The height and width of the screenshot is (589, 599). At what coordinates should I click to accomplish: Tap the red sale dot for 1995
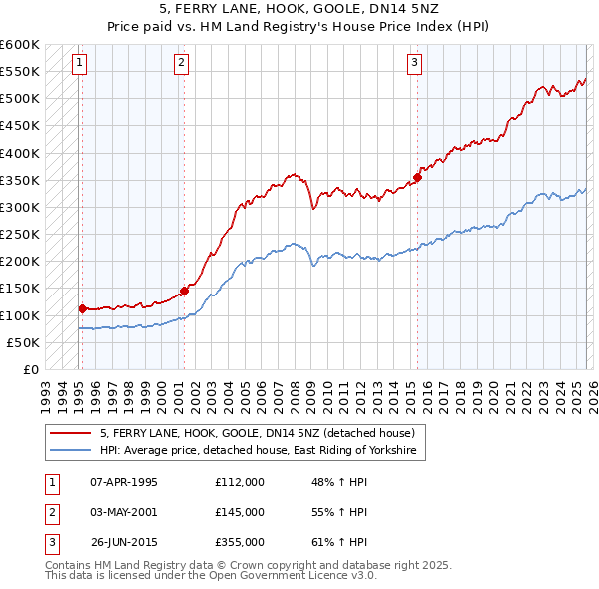tap(82, 308)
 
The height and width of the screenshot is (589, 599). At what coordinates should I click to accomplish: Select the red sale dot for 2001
tap(184, 292)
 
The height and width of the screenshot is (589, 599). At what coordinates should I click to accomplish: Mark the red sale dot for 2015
tap(418, 178)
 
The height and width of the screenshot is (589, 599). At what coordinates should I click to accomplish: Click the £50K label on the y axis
tap(22, 342)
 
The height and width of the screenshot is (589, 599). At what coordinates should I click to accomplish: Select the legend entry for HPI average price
tap(262, 451)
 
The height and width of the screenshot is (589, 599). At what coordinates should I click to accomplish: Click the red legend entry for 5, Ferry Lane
tap(263, 433)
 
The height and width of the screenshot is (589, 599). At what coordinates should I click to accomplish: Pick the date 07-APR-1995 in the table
tap(123, 482)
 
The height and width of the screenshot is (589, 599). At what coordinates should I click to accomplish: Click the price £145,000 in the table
tap(240, 512)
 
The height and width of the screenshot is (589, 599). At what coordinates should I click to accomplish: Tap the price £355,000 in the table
tap(240, 542)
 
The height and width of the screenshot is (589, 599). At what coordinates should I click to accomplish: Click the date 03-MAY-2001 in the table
tap(123, 512)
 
